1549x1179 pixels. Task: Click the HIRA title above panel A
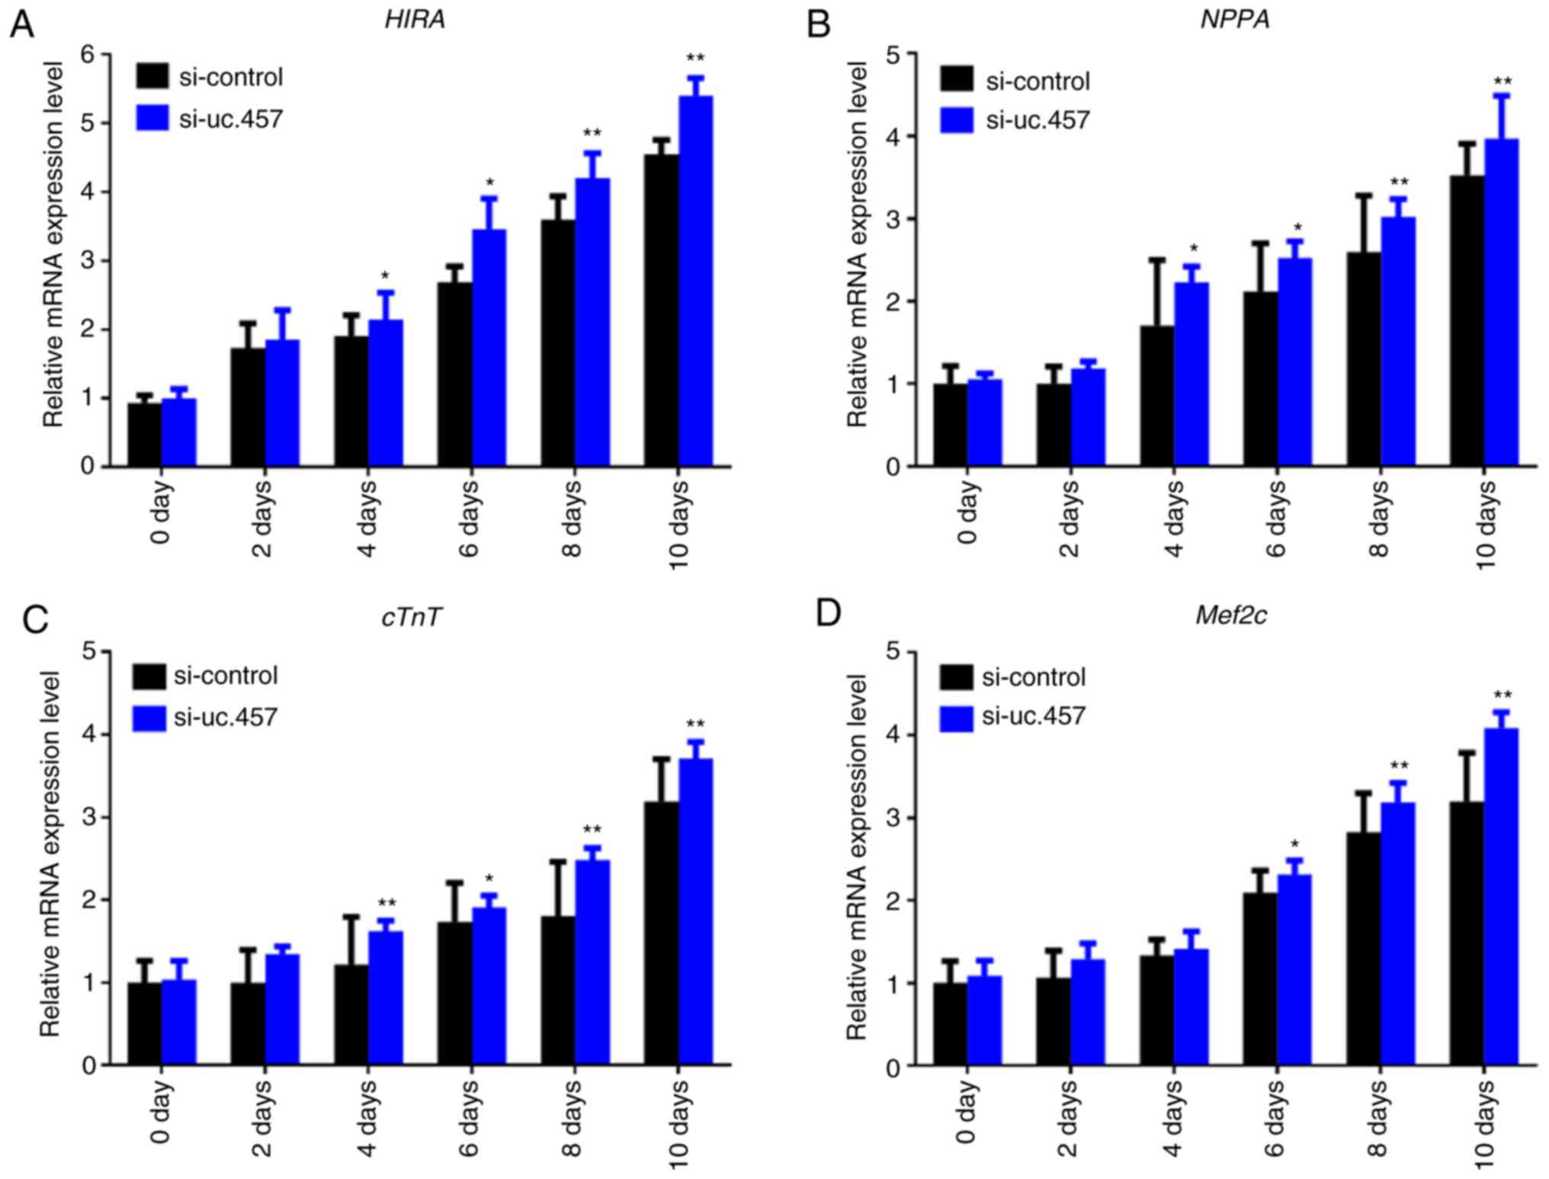pyautogui.click(x=415, y=20)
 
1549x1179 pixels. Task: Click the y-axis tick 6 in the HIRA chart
pyautogui.click(x=89, y=55)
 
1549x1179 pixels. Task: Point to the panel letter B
pyautogui.click(x=819, y=25)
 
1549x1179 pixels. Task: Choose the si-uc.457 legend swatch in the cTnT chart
pyautogui.click(x=149, y=718)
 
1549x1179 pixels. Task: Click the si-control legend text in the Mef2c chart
pyautogui.click(x=1034, y=677)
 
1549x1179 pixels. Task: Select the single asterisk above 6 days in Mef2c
pyautogui.click(x=1294, y=844)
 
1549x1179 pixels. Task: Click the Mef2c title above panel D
pyautogui.click(x=1230, y=615)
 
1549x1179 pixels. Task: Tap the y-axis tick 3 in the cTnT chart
pyautogui.click(x=89, y=818)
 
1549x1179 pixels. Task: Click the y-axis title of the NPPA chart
pyautogui.click(x=858, y=244)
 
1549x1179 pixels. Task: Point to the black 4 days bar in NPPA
pyautogui.click(x=1156, y=396)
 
